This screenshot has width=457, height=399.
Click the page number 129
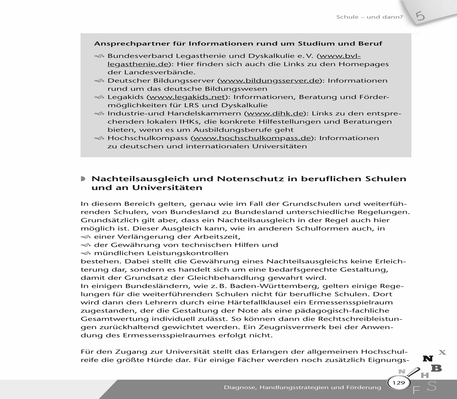click(x=399, y=383)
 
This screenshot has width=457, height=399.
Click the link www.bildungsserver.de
click(x=271, y=81)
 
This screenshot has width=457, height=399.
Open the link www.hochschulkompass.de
click(x=252, y=138)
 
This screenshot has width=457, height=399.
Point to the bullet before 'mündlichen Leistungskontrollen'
click(x=85, y=253)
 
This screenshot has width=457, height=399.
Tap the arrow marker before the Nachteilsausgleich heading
click(x=83, y=179)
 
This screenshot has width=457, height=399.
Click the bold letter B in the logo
click(x=436, y=368)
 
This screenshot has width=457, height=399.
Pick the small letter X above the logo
click(x=442, y=352)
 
